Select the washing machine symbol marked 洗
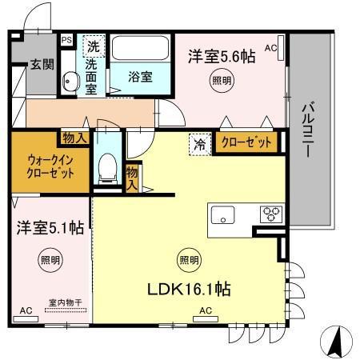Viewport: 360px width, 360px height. pyautogui.click(x=94, y=45)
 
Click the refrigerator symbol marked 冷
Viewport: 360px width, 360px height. pyautogui.click(x=198, y=145)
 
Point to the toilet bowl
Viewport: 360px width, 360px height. pyautogui.click(x=107, y=169)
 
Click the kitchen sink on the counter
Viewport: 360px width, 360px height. pyautogui.click(x=222, y=214)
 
